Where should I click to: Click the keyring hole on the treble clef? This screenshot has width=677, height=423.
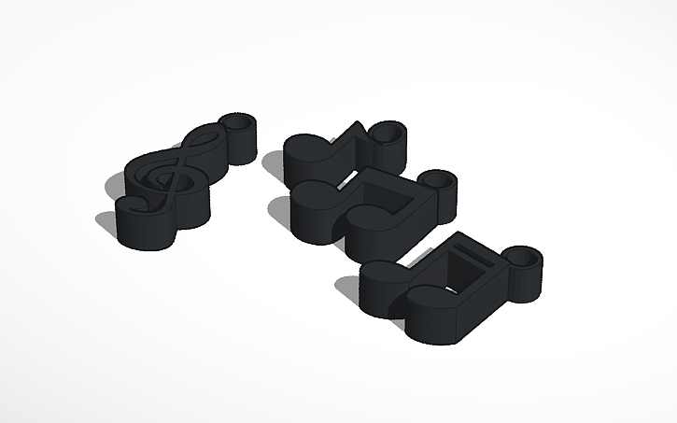tap(240, 122)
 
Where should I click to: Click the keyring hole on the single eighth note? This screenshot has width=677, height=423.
tap(390, 131)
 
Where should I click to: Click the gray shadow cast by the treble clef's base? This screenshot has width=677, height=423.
tap(106, 225)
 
